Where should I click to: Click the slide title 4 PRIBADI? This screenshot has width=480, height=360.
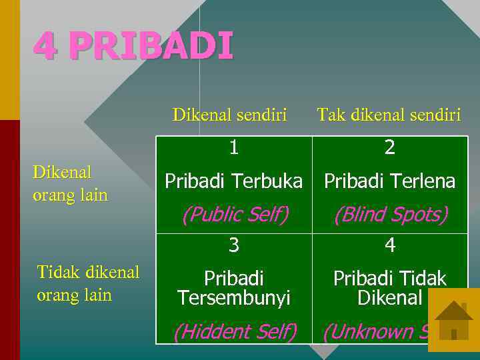(x=133, y=47)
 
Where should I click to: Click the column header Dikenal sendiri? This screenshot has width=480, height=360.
(x=229, y=115)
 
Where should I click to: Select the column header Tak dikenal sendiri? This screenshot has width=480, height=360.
(x=389, y=115)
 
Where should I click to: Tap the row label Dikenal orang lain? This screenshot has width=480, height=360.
(x=70, y=183)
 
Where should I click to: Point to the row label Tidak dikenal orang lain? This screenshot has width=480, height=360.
(x=88, y=283)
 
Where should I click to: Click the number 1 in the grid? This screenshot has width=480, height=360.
(x=233, y=147)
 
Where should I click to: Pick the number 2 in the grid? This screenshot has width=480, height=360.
(x=390, y=147)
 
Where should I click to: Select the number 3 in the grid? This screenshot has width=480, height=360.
(x=233, y=245)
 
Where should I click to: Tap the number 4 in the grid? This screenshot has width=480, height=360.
(x=390, y=245)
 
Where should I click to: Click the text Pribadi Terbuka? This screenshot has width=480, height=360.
(x=233, y=181)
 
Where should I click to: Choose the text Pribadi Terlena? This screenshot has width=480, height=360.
(x=390, y=181)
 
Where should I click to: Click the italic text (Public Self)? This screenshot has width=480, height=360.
(x=235, y=215)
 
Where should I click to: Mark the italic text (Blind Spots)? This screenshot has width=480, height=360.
(x=391, y=215)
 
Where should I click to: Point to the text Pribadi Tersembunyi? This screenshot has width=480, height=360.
(x=233, y=288)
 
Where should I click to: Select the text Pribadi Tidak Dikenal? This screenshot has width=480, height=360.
(x=390, y=288)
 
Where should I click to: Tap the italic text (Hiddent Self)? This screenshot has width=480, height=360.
(x=235, y=331)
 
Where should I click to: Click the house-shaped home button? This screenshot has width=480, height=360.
(x=453, y=320)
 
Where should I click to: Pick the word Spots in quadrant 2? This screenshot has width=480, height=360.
(x=420, y=215)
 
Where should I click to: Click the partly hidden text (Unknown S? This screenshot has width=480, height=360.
(x=373, y=331)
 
